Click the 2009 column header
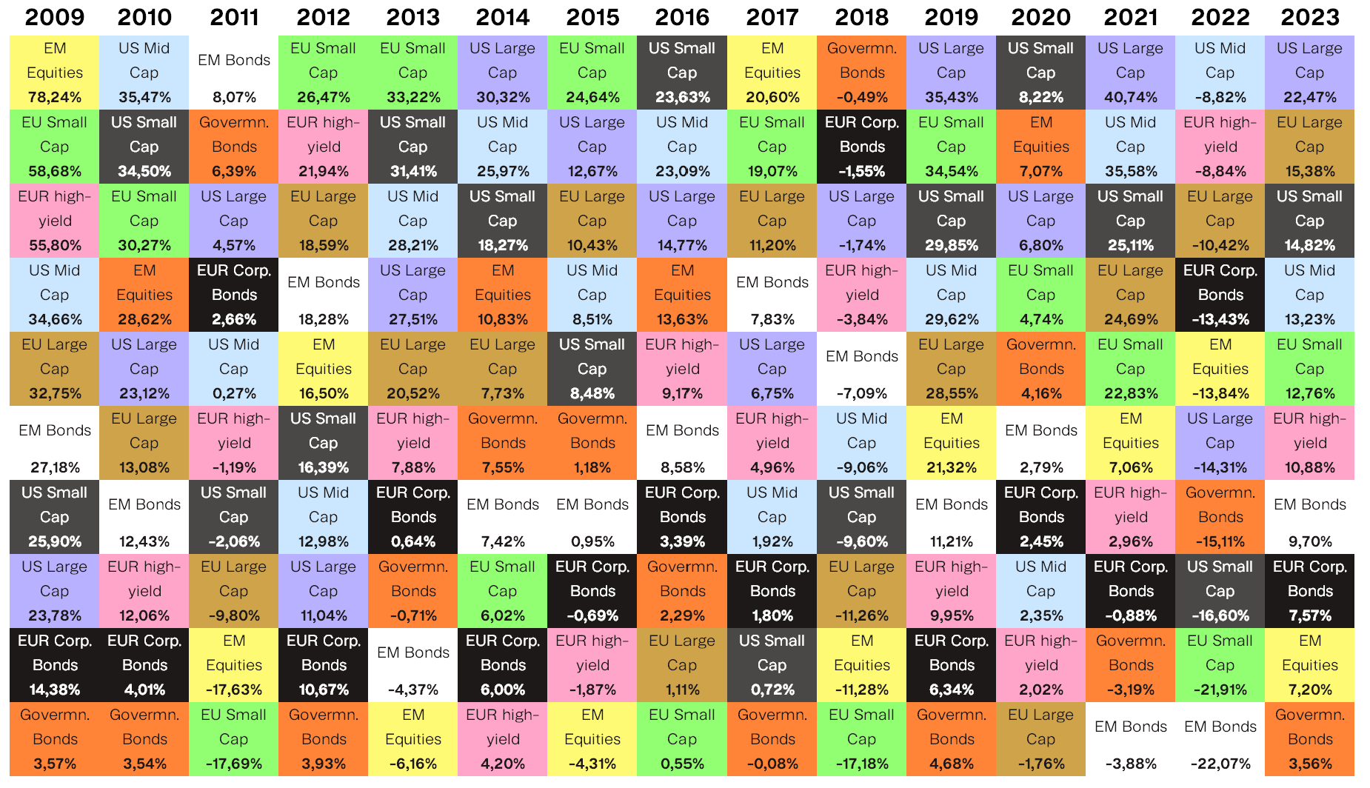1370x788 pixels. tap(55, 17)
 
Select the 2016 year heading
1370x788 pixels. tap(682, 17)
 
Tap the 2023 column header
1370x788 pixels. tap(1309, 17)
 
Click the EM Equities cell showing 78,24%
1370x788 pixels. tap(55, 73)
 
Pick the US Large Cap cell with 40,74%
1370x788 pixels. tap(1130, 73)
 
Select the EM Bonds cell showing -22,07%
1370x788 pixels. tap(1220, 739)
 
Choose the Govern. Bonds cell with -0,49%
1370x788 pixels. tap(861, 73)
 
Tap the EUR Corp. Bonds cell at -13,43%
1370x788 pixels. tap(1220, 295)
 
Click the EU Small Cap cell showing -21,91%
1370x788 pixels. tap(1220, 665)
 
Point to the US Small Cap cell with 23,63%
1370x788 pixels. tap(682, 73)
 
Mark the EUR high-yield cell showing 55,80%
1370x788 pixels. tap(55, 221)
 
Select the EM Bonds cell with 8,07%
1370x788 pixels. tap(234, 73)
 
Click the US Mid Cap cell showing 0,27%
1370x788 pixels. tap(234, 369)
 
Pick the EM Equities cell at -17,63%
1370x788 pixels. tap(234, 665)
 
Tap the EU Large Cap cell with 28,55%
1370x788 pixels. tap(951, 369)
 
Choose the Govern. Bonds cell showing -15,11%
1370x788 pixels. tap(1220, 517)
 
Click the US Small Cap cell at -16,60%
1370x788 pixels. tap(1220, 591)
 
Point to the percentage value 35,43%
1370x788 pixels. tap(951, 97)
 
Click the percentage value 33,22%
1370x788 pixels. tap(413, 97)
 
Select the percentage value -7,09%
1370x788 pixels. tap(861, 393)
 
